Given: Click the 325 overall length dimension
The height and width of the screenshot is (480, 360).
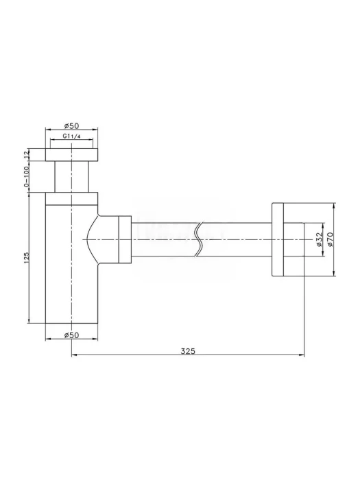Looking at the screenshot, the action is click(188, 351).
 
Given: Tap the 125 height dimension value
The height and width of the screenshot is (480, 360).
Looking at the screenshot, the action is click(26, 258).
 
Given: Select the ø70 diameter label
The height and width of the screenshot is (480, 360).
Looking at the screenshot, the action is click(330, 239).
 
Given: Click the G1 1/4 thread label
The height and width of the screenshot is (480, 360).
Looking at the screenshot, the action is click(71, 136).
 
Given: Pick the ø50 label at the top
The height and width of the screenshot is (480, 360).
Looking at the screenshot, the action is click(71, 125).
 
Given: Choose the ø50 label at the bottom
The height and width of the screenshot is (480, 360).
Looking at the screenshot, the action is click(71, 335).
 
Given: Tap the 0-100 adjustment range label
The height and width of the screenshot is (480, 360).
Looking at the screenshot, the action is click(26, 177).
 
